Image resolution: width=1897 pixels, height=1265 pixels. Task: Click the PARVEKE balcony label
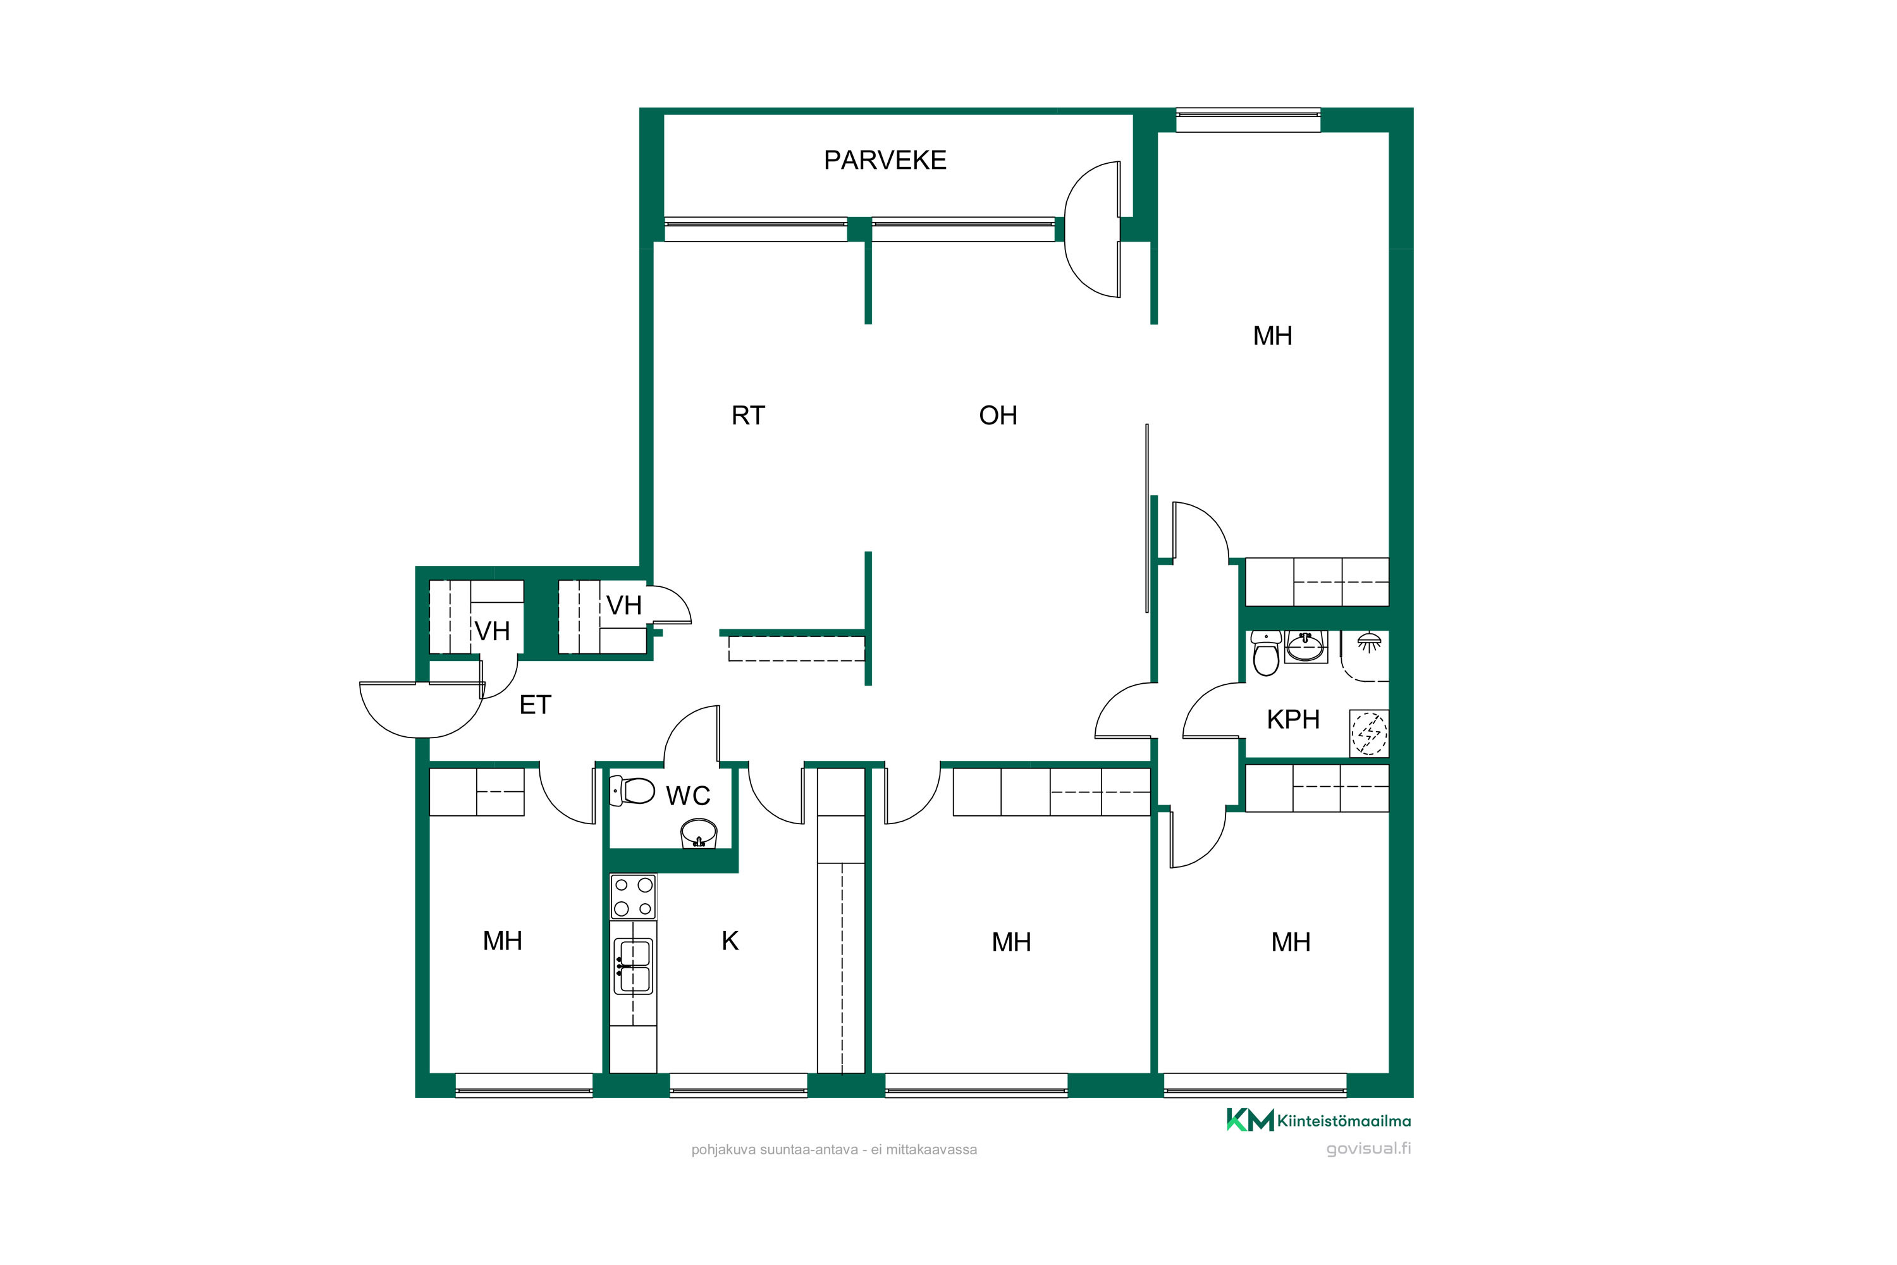[x=885, y=161]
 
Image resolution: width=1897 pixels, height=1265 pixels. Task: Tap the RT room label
[x=747, y=416]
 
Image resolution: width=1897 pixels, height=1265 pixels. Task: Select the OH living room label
[x=998, y=416]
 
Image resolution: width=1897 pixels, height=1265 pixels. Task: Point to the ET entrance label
[x=535, y=705]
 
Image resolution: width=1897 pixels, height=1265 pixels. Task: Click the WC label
[x=688, y=796]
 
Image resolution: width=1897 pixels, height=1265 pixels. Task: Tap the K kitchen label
[x=730, y=941]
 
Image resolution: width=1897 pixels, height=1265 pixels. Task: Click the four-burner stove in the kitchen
[x=633, y=896]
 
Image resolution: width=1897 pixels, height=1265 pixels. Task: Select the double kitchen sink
[x=633, y=966]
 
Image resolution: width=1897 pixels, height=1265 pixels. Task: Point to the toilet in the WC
[x=632, y=791]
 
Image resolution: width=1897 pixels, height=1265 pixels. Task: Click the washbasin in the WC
[x=699, y=834]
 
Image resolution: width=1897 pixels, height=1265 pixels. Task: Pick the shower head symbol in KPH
[x=1370, y=642]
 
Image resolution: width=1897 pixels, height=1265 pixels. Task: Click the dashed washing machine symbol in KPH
[x=1369, y=732]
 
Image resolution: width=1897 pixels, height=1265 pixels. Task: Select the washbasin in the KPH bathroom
[x=1305, y=646]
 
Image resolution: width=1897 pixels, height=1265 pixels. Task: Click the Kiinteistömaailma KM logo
[x=1318, y=1121]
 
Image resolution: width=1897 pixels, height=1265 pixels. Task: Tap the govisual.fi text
[x=1369, y=1149]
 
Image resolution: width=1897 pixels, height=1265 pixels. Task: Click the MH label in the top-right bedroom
[x=1272, y=336]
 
